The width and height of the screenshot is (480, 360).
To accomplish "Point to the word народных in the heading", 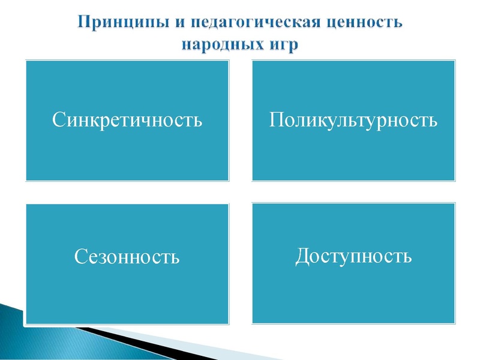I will click(x=223, y=45).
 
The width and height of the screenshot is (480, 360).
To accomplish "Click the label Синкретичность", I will click(x=127, y=120).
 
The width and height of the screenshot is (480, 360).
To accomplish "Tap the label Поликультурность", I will click(x=353, y=120).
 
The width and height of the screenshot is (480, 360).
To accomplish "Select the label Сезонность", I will click(x=127, y=257).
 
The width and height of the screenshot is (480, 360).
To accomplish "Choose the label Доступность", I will click(x=353, y=256).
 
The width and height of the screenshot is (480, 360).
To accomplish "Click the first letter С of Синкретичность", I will click(x=58, y=120).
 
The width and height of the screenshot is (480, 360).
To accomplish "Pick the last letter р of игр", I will click(x=292, y=47).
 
